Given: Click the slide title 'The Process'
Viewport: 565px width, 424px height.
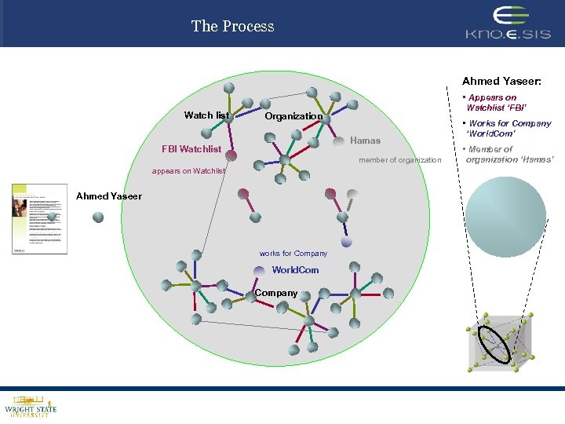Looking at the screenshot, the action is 232,26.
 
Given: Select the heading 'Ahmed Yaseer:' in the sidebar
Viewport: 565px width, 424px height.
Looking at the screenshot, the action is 501,81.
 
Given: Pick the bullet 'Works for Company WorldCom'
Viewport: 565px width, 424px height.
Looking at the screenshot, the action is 508,128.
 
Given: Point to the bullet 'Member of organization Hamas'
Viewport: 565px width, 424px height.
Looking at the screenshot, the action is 510,155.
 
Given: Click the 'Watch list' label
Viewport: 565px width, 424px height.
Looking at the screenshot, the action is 206,115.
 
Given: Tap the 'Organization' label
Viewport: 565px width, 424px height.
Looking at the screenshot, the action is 293,116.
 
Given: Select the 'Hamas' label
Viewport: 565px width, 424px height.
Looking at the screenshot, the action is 365,141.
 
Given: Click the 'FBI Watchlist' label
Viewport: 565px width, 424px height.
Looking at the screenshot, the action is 191,149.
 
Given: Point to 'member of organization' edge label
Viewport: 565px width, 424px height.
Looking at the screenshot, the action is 400,160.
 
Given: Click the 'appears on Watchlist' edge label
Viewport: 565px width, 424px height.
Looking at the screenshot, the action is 188,170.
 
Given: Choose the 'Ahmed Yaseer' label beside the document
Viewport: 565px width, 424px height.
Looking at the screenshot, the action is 109,196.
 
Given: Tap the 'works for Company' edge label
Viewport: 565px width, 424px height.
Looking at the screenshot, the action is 293,253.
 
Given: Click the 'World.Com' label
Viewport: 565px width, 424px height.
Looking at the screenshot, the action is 295,270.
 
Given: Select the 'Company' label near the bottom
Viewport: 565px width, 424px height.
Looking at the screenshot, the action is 276,293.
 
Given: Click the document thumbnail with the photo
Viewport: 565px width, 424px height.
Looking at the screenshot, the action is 39,218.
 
